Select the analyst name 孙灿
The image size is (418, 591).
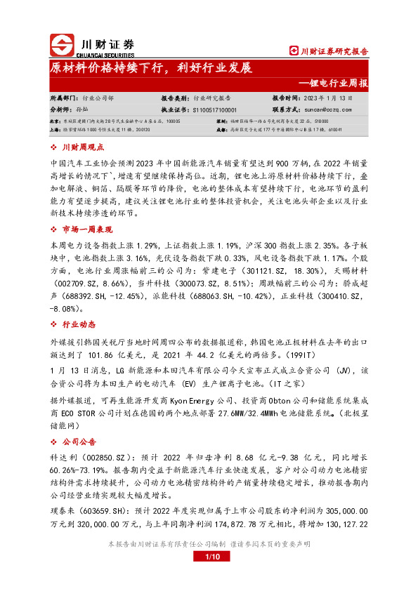[x=81, y=110]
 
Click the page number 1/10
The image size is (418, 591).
[x=209, y=576]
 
